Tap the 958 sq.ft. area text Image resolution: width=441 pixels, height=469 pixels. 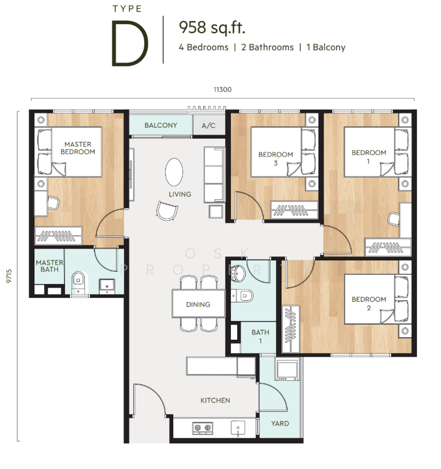coord(212,28)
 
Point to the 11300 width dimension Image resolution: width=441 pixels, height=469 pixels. coord(223,90)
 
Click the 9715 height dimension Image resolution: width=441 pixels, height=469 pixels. coord(9,276)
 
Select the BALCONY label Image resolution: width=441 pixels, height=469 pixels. coord(161,125)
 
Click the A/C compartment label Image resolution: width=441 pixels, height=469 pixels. coord(208,126)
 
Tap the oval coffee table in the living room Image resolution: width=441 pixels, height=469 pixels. coord(174,172)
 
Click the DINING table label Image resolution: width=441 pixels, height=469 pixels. coord(198,305)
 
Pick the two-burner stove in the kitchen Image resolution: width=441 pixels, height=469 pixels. coord(203,428)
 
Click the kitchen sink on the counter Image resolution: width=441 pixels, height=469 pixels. coord(238,428)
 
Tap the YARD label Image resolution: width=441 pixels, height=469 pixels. coord(280,423)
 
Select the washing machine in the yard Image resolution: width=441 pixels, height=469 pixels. coord(287,370)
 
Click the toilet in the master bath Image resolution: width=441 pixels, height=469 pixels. coord(78,283)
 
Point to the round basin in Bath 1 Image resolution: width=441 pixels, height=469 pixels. coord(238,274)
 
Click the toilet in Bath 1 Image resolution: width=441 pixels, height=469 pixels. coord(242,296)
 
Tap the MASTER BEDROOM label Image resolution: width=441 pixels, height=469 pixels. coord(78,148)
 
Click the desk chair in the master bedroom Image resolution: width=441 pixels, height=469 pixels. coord(53,203)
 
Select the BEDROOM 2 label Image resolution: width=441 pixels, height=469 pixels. coord(369,304)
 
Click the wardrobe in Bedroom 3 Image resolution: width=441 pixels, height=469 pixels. coord(294,210)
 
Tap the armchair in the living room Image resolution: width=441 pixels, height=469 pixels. coord(167,211)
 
